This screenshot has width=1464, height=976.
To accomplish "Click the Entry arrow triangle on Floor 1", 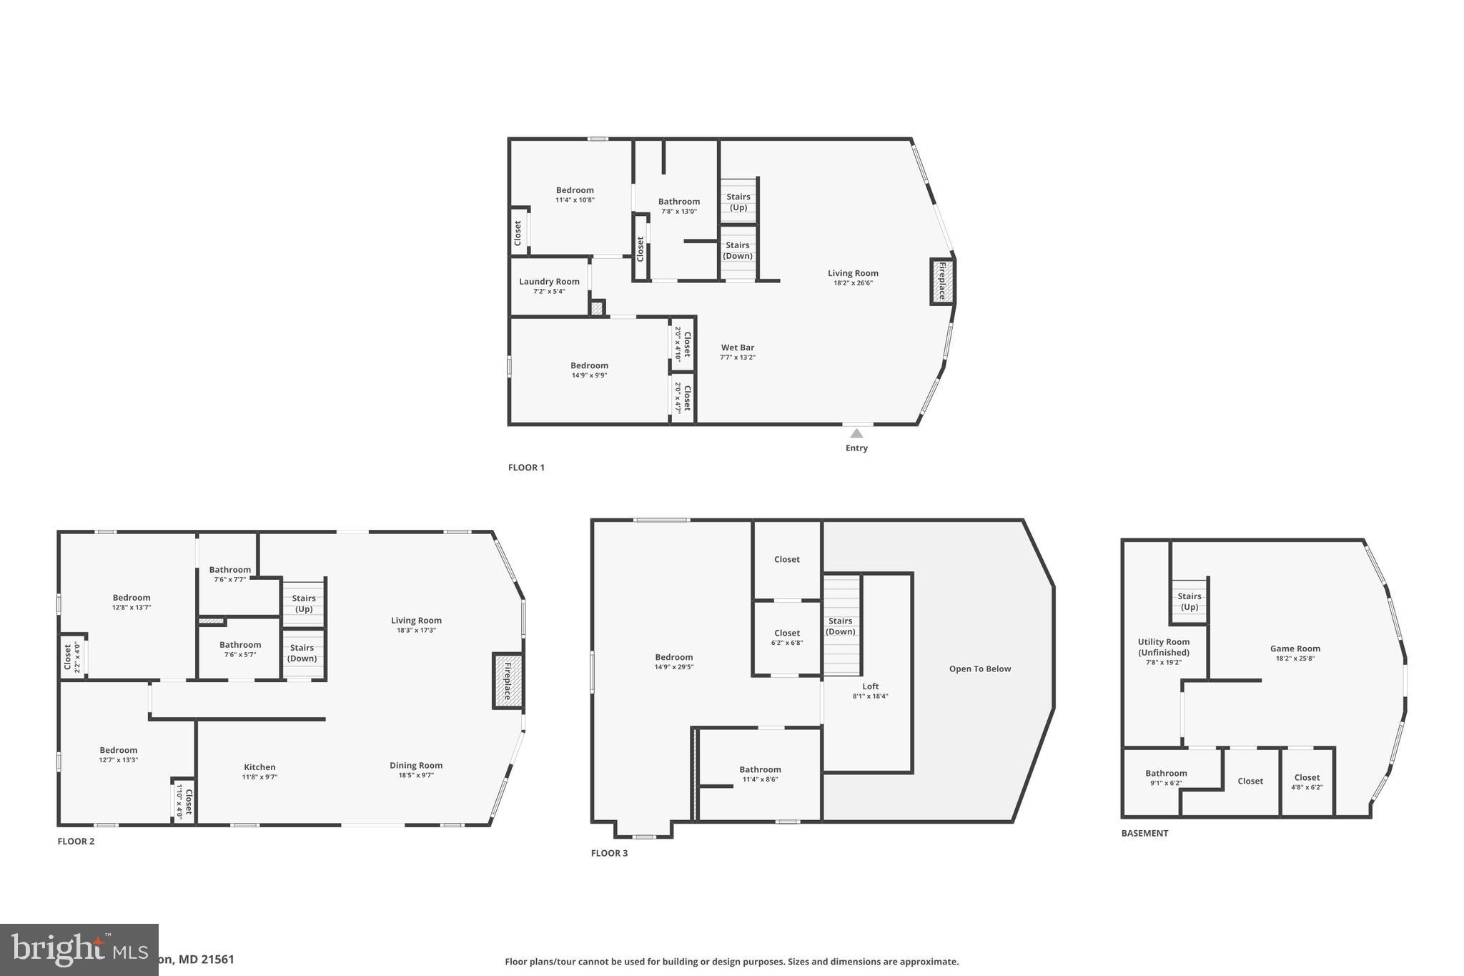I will click(856, 433).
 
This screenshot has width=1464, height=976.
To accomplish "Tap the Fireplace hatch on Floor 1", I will click(942, 281).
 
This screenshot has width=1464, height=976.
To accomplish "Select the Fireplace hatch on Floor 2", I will click(508, 681).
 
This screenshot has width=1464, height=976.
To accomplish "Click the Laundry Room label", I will click(549, 282).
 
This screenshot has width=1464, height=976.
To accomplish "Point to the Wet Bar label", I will click(737, 348).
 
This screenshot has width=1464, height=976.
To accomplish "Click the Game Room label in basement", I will click(1295, 649).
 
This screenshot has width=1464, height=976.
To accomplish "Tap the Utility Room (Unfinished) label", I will click(1164, 647).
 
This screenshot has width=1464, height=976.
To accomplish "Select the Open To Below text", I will click(979, 669).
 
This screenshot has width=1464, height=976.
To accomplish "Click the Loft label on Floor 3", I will click(870, 686).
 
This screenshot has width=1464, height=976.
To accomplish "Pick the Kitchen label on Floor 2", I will click(259, 767).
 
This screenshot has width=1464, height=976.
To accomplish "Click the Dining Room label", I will click(416, 766).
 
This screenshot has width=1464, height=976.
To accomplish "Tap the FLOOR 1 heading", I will click(526, 468).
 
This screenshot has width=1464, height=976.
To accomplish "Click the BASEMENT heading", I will click(1144, 834).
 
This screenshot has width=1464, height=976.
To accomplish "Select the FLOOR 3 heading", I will click(609, 854).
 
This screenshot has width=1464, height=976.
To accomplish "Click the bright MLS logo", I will click(79, 950).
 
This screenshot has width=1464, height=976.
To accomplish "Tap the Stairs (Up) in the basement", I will click(1189, 601).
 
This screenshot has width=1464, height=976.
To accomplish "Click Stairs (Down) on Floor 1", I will click(738, 250).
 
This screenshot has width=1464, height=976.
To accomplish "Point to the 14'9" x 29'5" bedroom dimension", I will click(673, 667).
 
